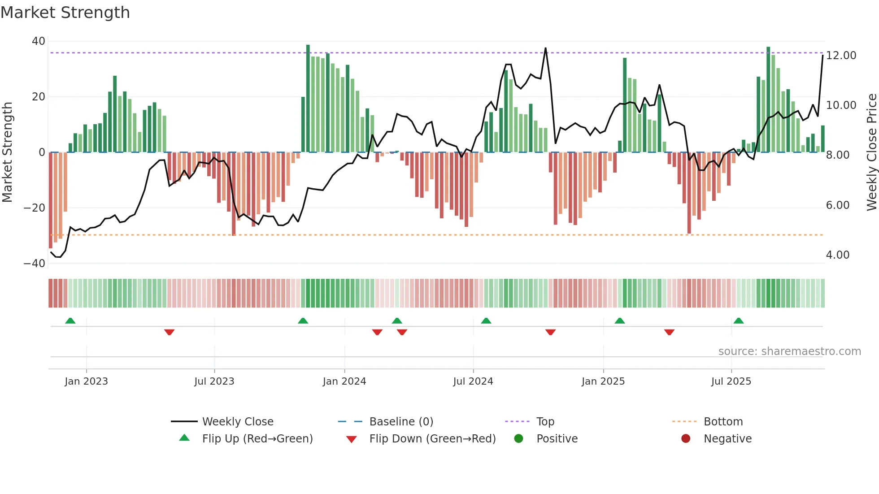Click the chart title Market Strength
click(65, 13)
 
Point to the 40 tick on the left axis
click(39, 41)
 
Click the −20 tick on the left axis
click(35, 208)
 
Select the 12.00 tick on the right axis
click(841, 56)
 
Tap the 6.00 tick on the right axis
click(837, 205)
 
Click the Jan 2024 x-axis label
click(344, 381)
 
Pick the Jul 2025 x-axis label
click(731, 381)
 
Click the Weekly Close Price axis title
click(871, 152)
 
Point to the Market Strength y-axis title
click(8, 152)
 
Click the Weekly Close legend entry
click(237, 422)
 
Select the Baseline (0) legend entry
click(401, 422)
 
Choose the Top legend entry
click(545, 422)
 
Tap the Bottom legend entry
click(723, 422)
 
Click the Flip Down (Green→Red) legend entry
click(432, 439)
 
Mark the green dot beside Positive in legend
click(518, 439)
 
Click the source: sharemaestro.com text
click(789, 351)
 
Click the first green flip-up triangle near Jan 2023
click(70, 321)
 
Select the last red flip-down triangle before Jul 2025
click(669, 332)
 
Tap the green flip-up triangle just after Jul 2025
click(738, 321)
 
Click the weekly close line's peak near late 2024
click(545, 48)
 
